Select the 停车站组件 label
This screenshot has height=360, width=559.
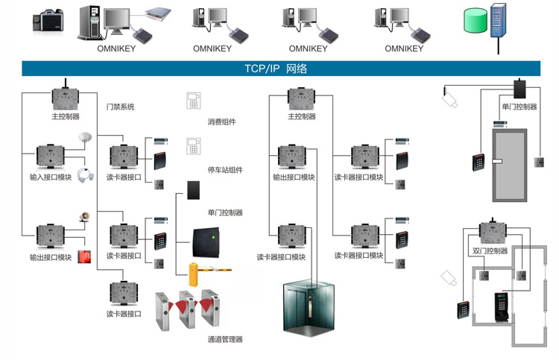tap(224, 170)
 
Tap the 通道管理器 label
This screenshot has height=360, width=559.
tap(224, 339)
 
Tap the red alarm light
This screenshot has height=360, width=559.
tap(83, 257)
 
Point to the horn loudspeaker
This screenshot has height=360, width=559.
tap(84, 218)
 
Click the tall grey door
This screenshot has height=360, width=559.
tap(509, 164)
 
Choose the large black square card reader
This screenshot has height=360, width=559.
tap(212, 240)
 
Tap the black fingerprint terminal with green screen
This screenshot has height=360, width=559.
tap(499, 307)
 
